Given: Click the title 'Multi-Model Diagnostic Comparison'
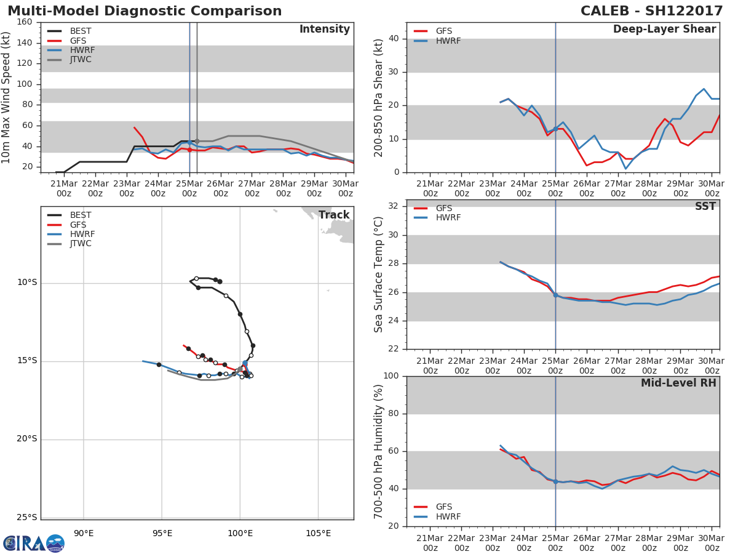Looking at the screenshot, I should tap(145, 11).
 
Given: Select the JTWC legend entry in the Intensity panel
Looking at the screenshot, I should tap(80, 60).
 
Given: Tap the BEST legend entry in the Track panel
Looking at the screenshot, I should tap(80, 215).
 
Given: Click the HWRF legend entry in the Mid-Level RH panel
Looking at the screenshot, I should tap(448, 516).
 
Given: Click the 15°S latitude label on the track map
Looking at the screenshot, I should tap(26, 361).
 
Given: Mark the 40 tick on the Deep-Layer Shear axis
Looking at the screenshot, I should tap(394, 39).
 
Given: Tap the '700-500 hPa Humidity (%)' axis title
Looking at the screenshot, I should tap(379, 451).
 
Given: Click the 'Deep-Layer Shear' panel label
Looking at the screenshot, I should tap(664, 30).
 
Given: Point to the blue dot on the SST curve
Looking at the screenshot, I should tap(555, 295).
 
